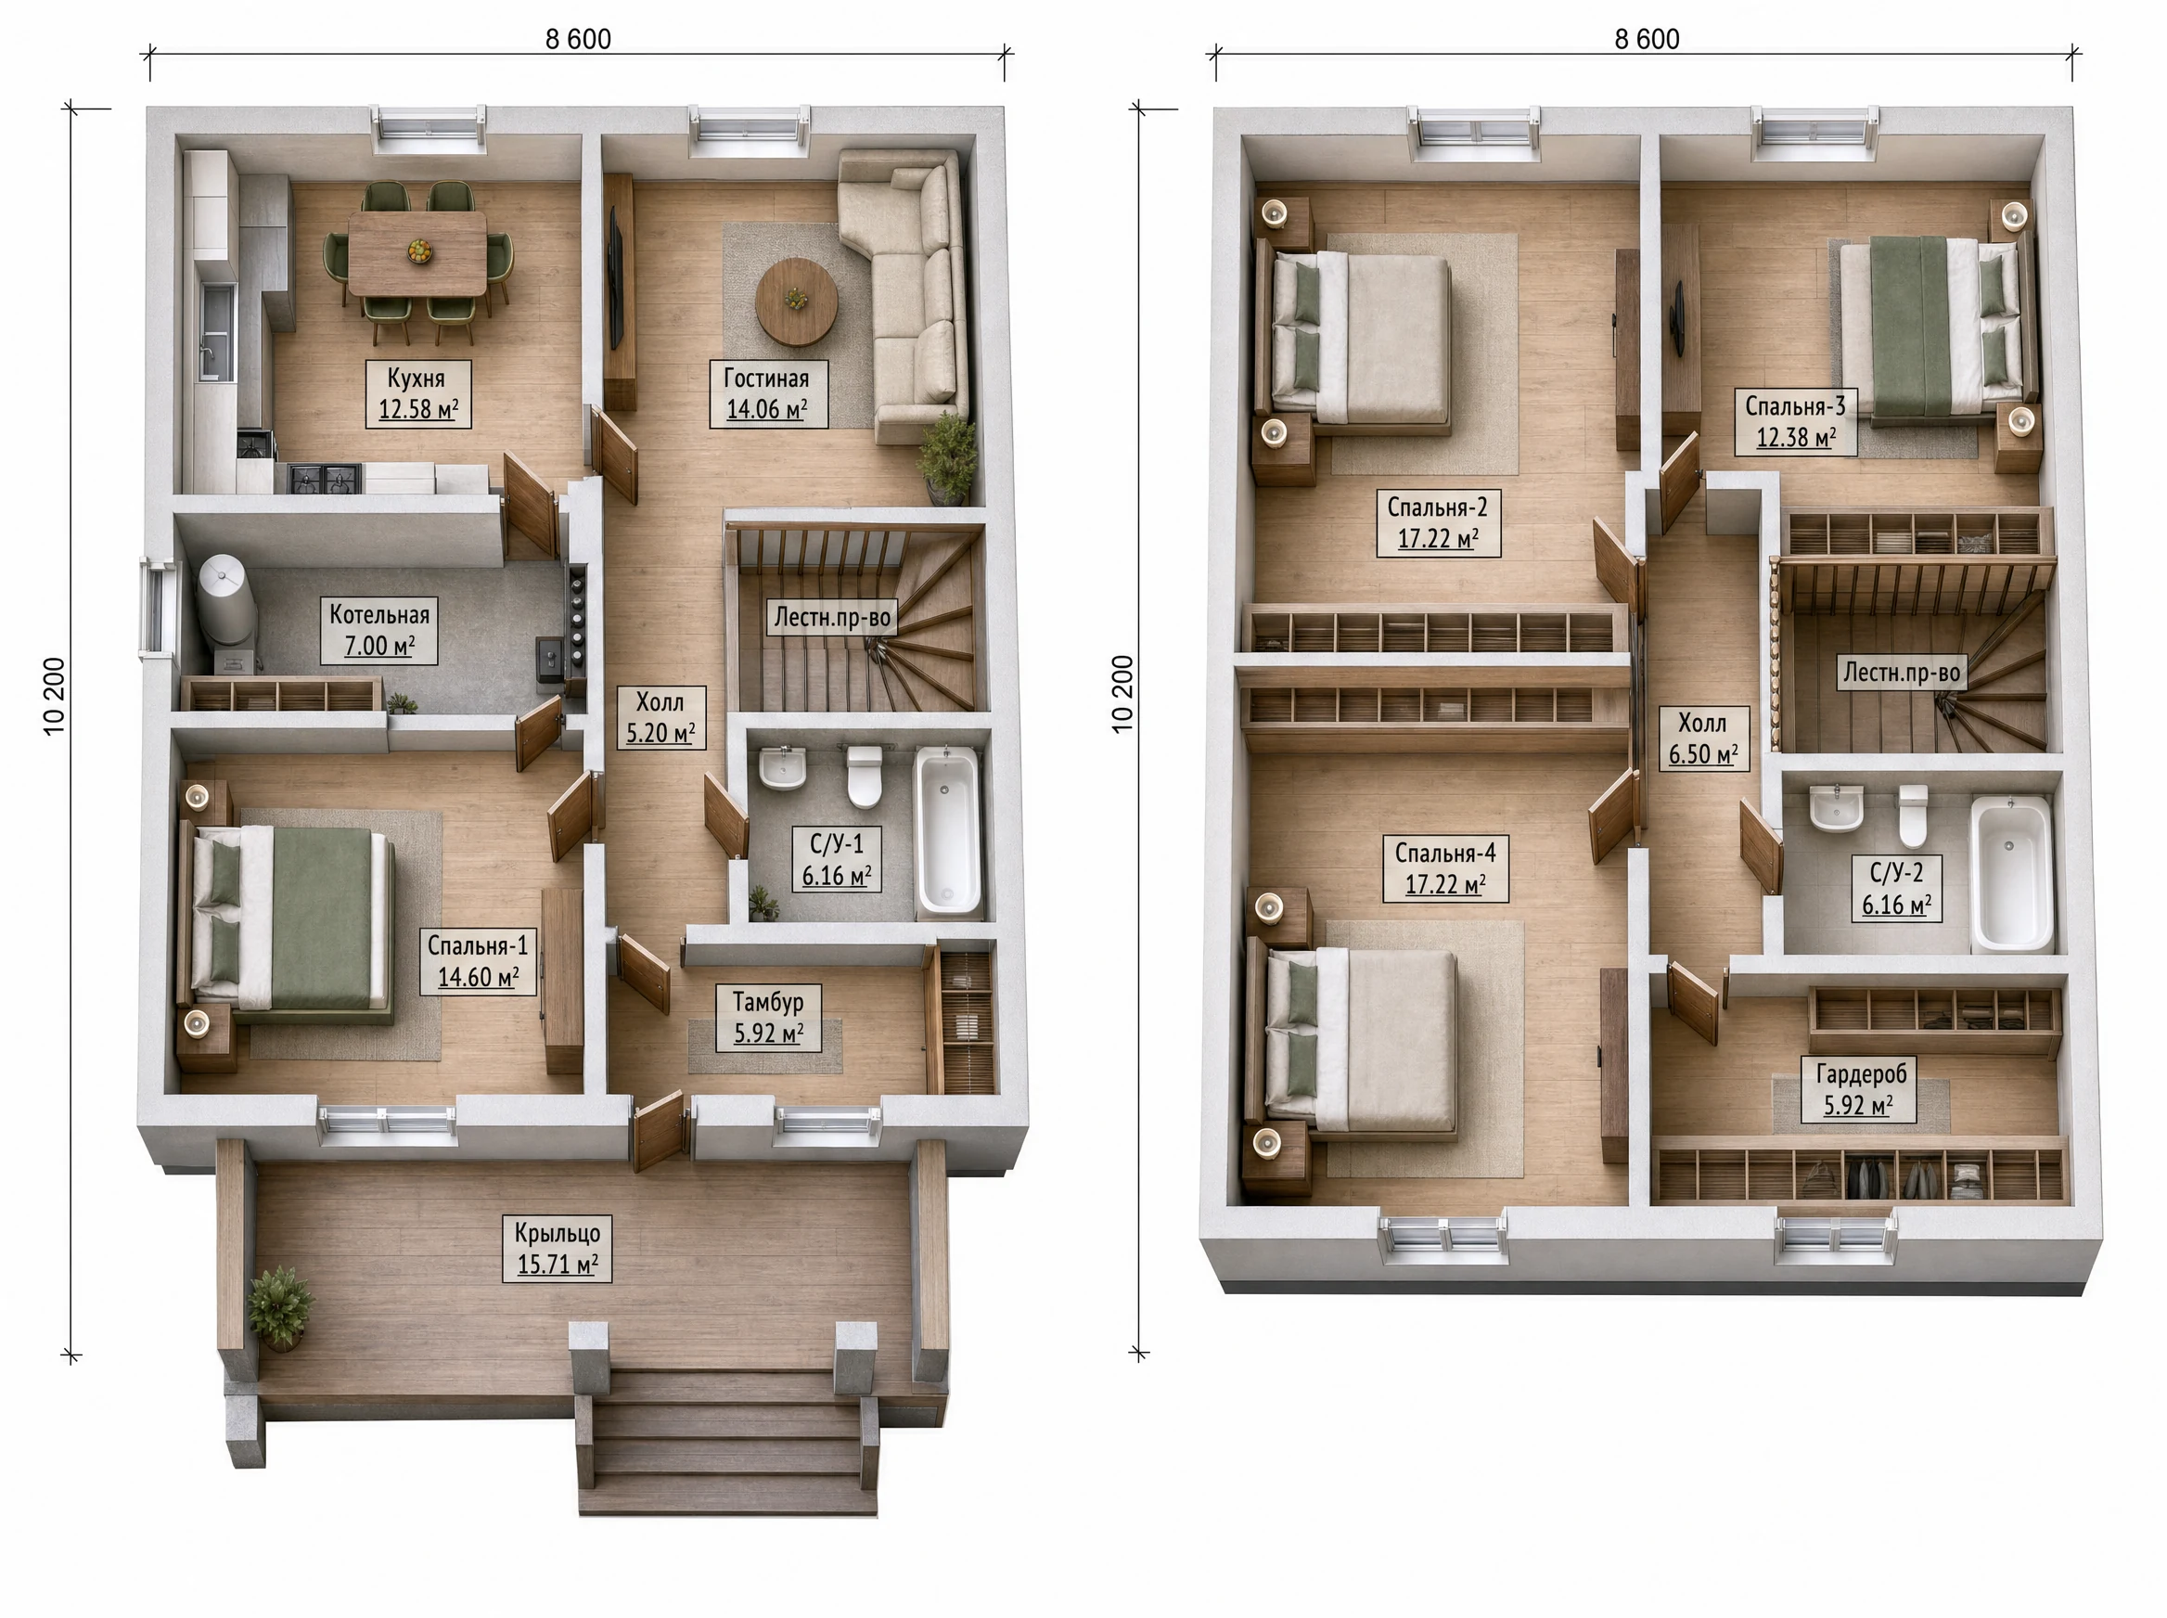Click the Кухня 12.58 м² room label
(418, 393)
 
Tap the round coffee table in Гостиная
(796, 302)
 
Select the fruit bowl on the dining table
(419, 250)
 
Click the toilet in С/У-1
(864, 777)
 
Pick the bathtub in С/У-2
(2010, 874)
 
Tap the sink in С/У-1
(782, 768)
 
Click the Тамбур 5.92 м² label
(769, 1017)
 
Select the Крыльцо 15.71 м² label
(558, 1248)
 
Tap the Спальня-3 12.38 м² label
(1795, 421)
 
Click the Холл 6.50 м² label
(1703, 738)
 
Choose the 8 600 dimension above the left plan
(578, 39)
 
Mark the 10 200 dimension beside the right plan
(1122, 693)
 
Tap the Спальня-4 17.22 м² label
(1445, 867)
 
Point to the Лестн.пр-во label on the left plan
(832, 617)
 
